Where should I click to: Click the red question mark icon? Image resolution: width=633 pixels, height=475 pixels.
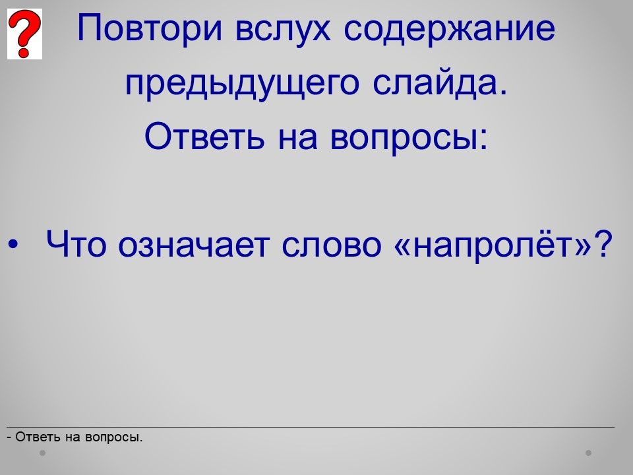pos(24,34)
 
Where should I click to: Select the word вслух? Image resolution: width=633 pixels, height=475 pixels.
pos(283,28)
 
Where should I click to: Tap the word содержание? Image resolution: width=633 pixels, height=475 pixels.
pos(450,28)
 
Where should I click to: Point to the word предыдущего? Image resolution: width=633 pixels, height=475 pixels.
pos(242,84)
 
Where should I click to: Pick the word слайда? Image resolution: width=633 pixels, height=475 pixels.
pos(440,83)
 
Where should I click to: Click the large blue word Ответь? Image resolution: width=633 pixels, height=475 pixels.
pos(204,136)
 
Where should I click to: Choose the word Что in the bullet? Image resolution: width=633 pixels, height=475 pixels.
pos(76,244)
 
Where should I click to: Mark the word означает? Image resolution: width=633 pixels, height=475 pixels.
pos(194,245)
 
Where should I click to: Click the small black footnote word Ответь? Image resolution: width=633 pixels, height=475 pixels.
pos(38,437)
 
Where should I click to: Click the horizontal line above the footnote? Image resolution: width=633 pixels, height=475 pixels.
pos(311,427)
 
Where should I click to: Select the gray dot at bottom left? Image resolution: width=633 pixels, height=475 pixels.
pos(42,453)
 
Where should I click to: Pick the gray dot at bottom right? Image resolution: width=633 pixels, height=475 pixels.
pos(589,453)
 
